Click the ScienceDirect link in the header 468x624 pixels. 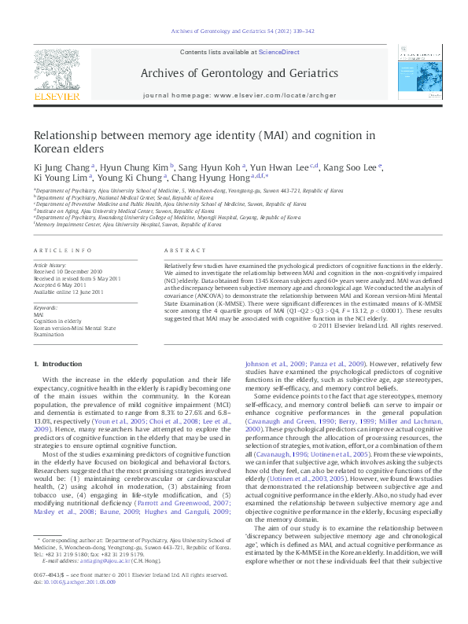[x=278, y=51]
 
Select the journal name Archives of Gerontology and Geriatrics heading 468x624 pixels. [x=239, y=73]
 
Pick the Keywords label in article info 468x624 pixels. [x=46, y=307]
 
